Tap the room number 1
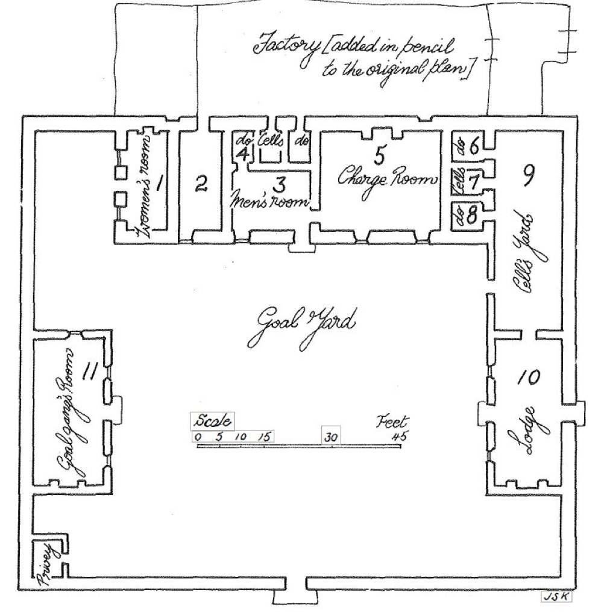(159, 183)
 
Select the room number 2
(201, 183)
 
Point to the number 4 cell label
(244, 154)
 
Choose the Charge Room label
(388, 179)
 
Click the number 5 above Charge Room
(379, 155)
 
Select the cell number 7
(474, 181)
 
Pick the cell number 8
(473, 214)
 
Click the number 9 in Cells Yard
(527, 176)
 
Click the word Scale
(213, 421)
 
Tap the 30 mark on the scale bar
(331, 437)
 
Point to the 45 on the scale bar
(398, 437)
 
